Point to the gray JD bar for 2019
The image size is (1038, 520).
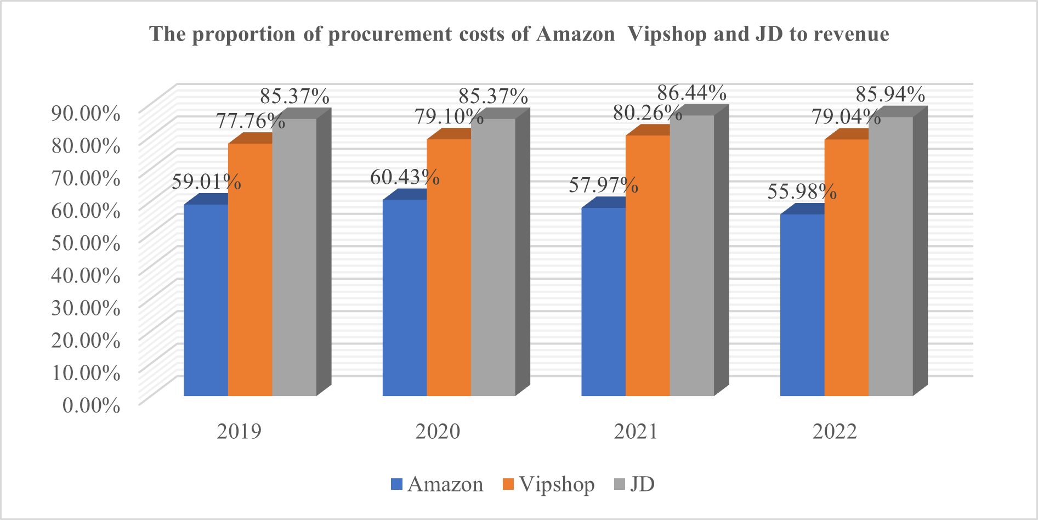(x=294, y=257)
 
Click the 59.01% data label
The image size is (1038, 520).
(x=206, y=182)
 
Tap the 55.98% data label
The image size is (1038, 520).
(x=802, y=191)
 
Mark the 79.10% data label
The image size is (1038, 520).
(x=449, y=117)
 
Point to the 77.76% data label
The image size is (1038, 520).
(x=250, y=121)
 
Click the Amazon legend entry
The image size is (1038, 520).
(x=437, y=484)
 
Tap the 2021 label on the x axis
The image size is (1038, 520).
(x=636, y=432)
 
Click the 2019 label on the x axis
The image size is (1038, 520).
(x=239, y=432)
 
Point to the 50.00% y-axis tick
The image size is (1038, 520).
(x=86, y=242)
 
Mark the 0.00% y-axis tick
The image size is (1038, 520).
(x=91, y=405)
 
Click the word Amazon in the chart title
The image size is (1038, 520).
(x=575, y=34)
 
